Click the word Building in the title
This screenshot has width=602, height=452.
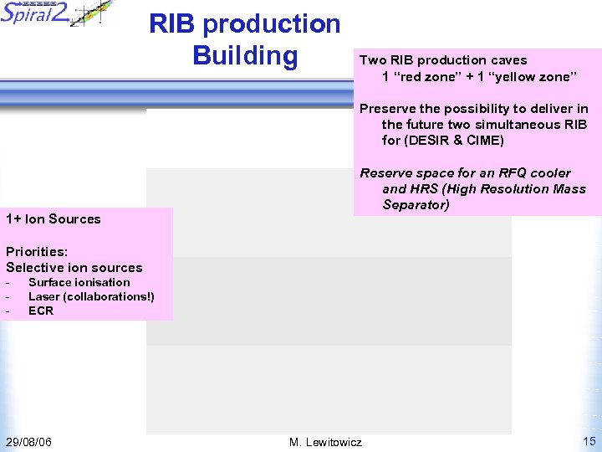coord(244,55)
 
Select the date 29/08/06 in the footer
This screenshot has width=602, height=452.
coord(28,441)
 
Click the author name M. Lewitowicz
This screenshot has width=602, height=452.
coord(325,441)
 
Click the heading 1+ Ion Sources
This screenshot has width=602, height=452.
coord(53,219)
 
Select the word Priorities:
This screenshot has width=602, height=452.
coord(37,251)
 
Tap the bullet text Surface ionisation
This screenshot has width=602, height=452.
coord(79,283)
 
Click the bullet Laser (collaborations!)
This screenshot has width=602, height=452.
coord(91,296)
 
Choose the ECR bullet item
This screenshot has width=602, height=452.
coord(41,311)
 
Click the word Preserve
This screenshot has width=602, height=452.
coord(388,109)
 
